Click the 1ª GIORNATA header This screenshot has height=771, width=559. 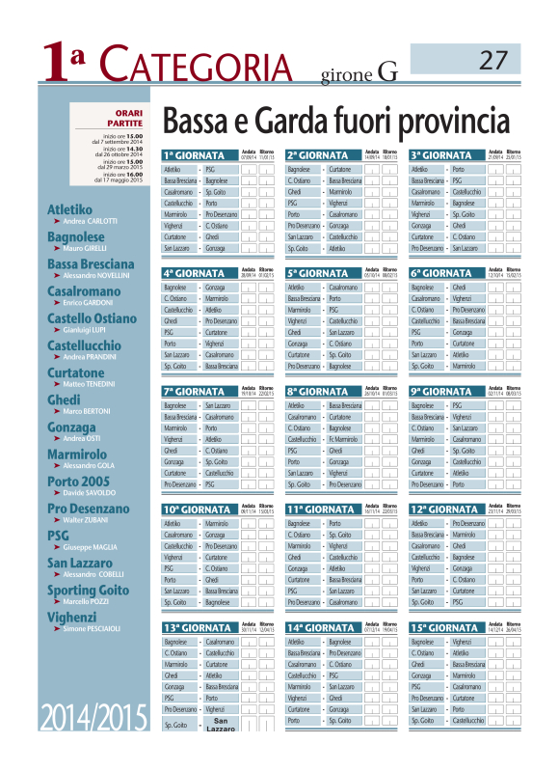tap(198, 155)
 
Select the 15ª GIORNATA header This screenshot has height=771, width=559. tap(446, 628)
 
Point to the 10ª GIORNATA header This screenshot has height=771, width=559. tap(200, 509)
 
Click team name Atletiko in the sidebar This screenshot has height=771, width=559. tap(70, 208)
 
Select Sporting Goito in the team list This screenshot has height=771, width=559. tap(88, 590)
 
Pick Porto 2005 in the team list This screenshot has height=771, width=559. tap(78, 482)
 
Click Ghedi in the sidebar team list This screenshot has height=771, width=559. tap(64, 399)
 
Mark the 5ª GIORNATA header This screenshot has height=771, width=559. tap(322, 273)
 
